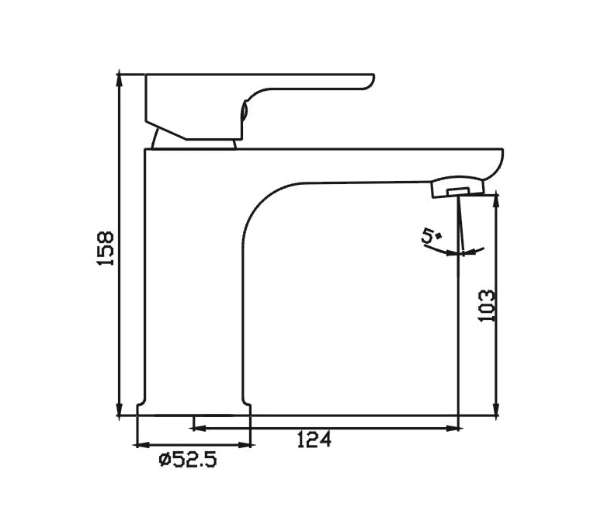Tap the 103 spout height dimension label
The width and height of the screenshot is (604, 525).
pyautogui.click(x=486, y=306)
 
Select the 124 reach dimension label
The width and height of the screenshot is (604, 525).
pyautogui.click(x=314, y=440)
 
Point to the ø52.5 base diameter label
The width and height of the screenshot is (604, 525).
pyautogui.click(x=187, y=461)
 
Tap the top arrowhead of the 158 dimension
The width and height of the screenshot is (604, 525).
pyautogui.click(x=120, y=78)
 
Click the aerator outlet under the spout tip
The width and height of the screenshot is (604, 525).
pyautogui.click(x=458, y=189)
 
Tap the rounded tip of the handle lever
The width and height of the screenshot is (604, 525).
pyautogui.click(x=370, y=80)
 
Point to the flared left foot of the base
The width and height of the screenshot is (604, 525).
pyautogui.click(x=141, y=409)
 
